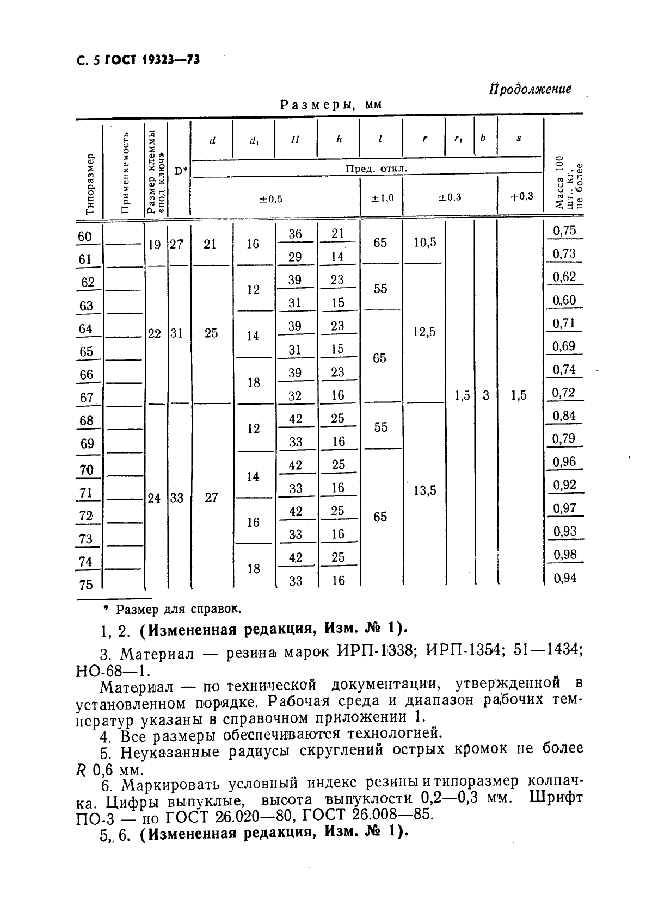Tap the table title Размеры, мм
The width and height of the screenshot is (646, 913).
[x=331, y=105]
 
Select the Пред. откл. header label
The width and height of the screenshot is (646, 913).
[x=376, y=169]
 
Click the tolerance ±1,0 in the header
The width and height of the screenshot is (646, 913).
[x=382, y=197]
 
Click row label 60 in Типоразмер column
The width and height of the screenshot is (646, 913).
[x=85, y=237]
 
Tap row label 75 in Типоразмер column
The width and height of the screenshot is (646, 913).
[x=86, y=585]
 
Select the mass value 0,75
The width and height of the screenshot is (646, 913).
[x=564, y=231]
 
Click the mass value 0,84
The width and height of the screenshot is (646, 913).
[x=564, y=415]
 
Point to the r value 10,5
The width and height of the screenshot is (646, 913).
[x=424, y=243]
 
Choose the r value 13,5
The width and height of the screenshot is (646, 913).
[x=424, y=491]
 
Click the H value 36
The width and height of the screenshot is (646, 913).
[x=295, y=234]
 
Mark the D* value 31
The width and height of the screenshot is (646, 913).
[x=176, y=333]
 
